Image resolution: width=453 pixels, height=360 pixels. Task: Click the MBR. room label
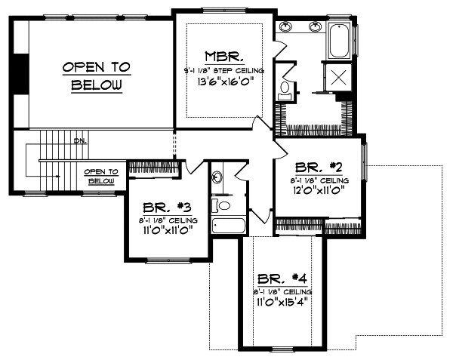pyautogui.click(x=223, y=56)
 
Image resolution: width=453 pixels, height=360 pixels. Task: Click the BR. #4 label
pyautogui.click(x=281, y=278)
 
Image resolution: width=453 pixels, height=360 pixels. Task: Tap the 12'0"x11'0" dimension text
pyautogui.click(x=320, y=192)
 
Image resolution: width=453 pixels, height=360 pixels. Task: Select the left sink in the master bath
pyautogui.click(x=288, y=28)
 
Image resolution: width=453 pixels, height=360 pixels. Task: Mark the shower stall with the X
pyautogui.click(x=337, y=77)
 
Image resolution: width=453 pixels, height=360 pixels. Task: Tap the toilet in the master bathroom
pyautogui.click(x=285, y=91)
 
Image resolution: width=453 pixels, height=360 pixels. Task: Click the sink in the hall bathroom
pyautogui.click(x=217, y=178)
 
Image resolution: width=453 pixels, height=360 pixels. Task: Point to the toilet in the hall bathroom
pyautogui.click(x=221, y=205)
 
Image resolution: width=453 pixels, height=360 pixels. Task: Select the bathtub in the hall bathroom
pyautogui.click(x=228, y=226)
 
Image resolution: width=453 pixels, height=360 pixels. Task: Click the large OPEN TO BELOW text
pyautogui.click(x=96, y=76)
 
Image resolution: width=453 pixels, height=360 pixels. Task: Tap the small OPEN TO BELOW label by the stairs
pyautogui.click(x=101, y=176)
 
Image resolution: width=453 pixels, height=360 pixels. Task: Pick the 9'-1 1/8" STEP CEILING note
pyautogui.click(x=223, y=69)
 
